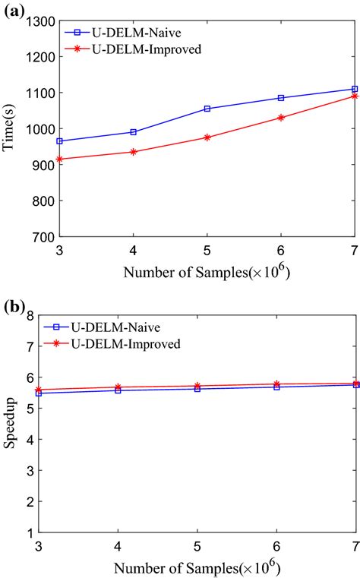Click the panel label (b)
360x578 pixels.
click(13, 308)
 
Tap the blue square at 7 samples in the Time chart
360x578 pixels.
click(354, 89)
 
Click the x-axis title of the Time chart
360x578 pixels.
click(197, 271)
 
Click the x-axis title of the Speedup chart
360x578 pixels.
click(197, 566)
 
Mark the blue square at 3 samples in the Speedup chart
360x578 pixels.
click(38, 393)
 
